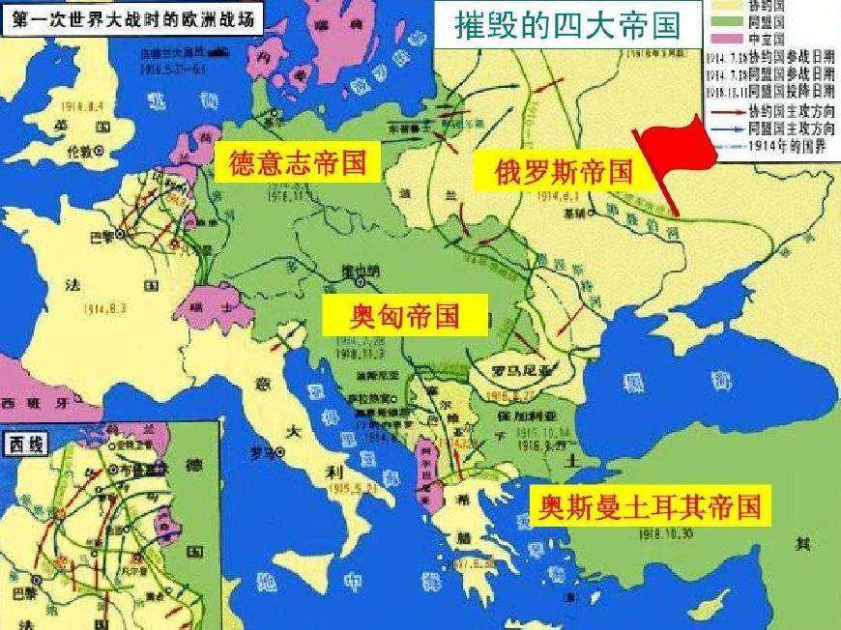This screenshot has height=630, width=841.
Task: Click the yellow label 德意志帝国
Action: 299,163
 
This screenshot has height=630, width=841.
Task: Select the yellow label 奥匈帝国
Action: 405,315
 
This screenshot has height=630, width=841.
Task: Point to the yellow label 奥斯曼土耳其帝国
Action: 649,504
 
